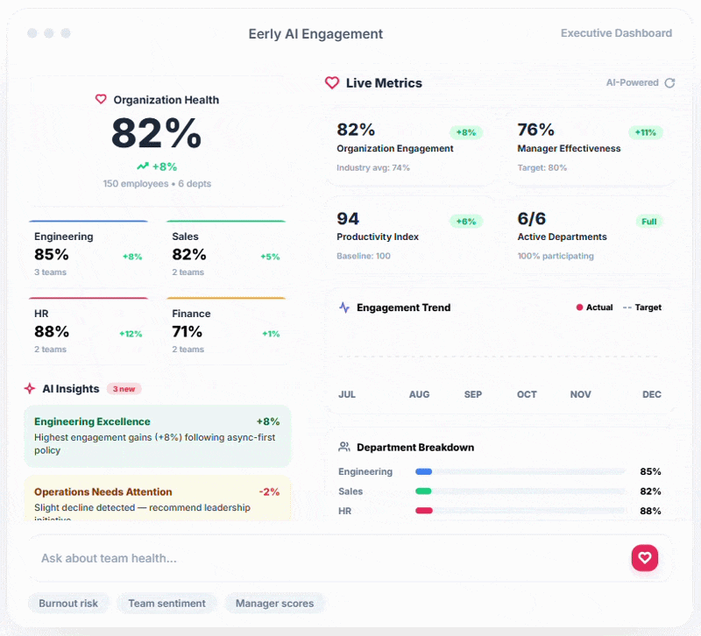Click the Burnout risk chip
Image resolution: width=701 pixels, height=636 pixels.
pos(68,603)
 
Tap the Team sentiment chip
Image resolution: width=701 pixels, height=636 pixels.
pos(166,603)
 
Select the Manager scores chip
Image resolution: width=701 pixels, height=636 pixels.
pos(274,603)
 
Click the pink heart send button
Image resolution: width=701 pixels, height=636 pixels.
pos(644,558)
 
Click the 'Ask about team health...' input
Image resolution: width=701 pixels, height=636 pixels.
pos(324,558)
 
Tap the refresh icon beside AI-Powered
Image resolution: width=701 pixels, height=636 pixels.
pos(669,83)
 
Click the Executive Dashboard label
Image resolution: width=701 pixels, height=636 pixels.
pos(616,33)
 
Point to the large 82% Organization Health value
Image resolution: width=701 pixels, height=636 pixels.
pos(157,134)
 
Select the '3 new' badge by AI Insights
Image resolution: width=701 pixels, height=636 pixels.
pos(124,389)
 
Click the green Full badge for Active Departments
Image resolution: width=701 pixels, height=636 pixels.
pos(648,222)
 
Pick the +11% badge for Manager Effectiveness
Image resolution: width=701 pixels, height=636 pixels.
pos(645,132)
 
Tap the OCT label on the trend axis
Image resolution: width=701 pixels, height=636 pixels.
pos(527,394)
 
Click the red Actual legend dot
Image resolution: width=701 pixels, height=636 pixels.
pos(579,307)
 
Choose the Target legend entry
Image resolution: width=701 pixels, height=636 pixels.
pos(642,307)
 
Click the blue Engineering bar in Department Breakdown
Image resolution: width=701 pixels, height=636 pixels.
pos(423,471)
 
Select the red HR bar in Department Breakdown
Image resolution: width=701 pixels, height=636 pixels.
pos(423,511)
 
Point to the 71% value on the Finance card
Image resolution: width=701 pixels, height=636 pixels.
pos(187,331)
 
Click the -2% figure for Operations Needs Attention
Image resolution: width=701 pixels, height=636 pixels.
pos(269,491)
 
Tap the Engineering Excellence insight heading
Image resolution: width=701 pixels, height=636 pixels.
pos(92,421)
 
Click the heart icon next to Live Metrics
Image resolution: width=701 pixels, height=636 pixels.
pos(332,83)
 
